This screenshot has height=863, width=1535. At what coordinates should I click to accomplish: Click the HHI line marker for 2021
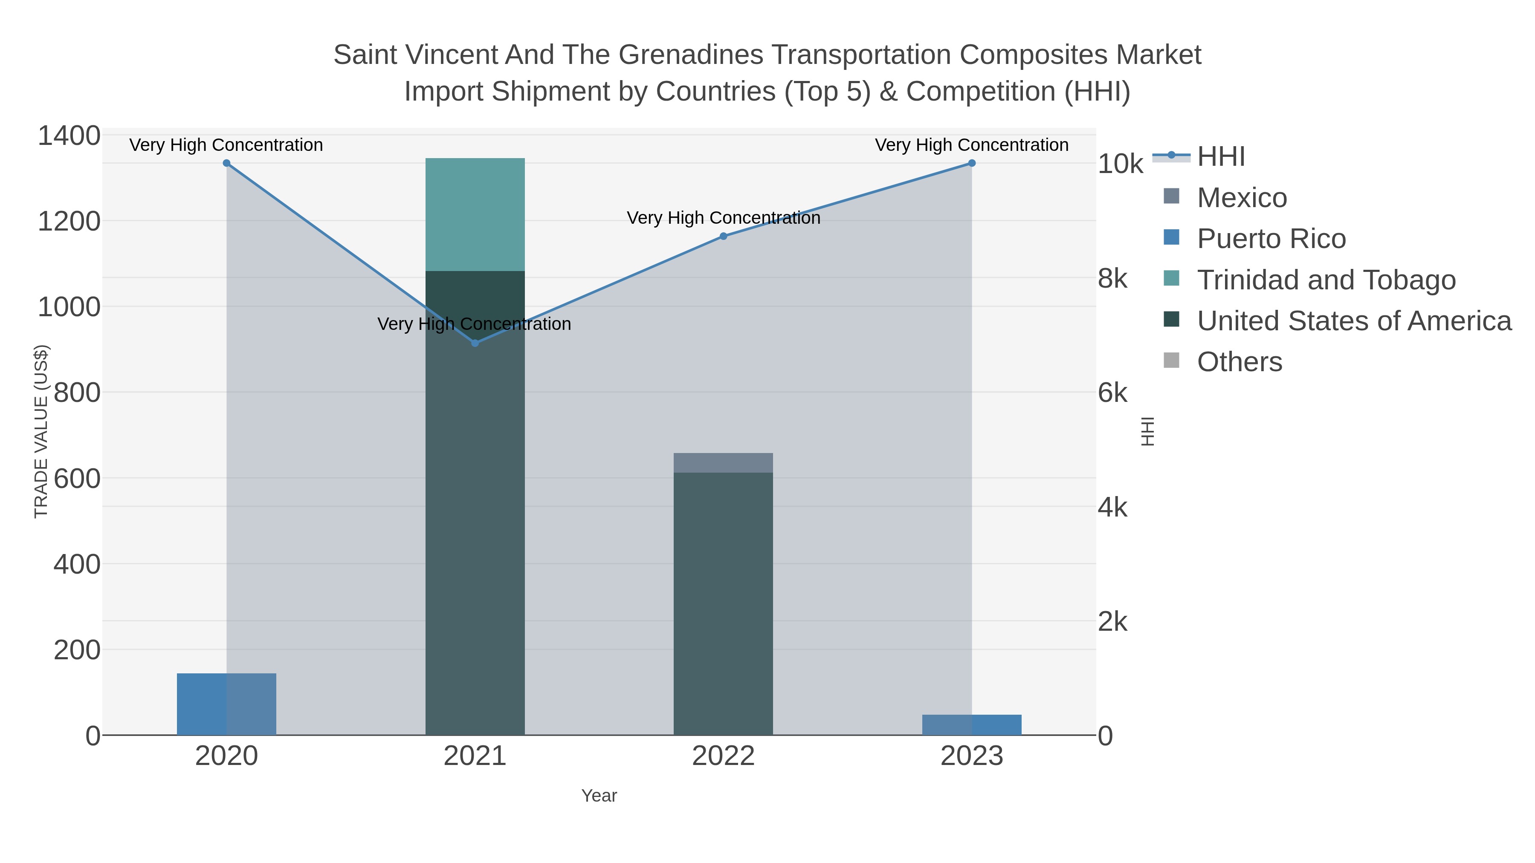[475, 343]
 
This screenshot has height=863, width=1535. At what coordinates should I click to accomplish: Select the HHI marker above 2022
[724, 237]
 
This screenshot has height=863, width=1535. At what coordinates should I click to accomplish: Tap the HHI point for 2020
[226, 163]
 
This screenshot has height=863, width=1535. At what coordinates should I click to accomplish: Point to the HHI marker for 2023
[972, 163]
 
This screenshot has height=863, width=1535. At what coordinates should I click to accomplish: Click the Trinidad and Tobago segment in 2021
[475, 214]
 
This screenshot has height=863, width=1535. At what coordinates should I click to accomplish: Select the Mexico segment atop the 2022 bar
[724, 463]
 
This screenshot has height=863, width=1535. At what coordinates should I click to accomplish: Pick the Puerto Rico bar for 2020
[226, 704]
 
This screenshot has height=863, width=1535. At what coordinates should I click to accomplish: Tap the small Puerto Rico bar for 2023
[972, 725]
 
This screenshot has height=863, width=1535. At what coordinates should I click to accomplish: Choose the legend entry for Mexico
[1242, 198]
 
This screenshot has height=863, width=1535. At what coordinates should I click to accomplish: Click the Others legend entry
[1240, 362]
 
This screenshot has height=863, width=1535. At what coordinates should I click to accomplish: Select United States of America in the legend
[1354, 321]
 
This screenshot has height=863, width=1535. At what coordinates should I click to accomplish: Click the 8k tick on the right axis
[1112, 279]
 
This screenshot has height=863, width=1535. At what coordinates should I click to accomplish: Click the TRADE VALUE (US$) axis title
[41, 431]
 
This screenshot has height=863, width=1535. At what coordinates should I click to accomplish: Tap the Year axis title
[599, 796]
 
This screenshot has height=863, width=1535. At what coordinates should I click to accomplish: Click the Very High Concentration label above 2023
[971, 145]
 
